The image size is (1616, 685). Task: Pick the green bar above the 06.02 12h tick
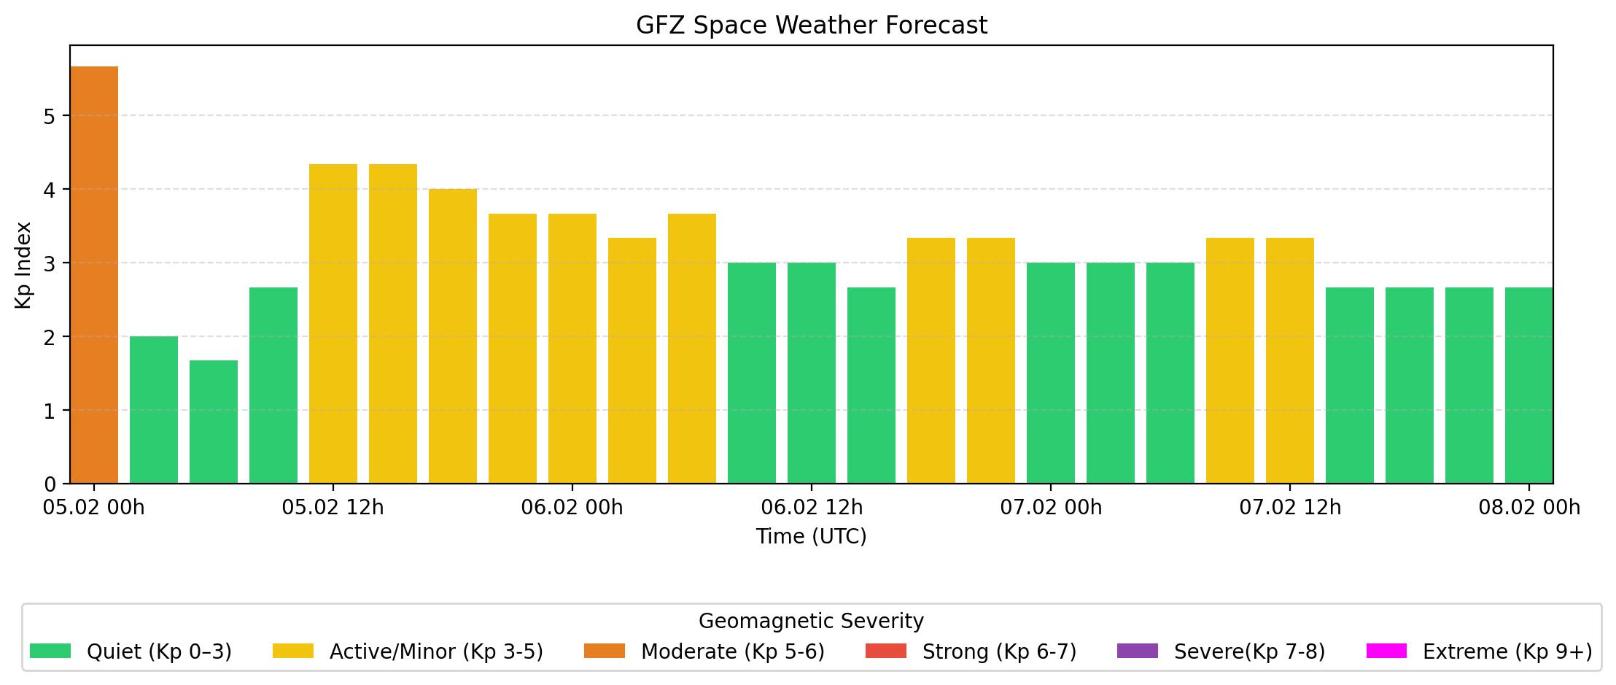tap(812, 373)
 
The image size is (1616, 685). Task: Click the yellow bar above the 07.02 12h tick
tap(1290, 360)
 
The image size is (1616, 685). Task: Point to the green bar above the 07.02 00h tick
tap(1051, 373)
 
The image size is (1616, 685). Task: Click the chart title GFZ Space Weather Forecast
tap(812, 26)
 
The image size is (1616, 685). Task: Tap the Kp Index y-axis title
tap(24, 265)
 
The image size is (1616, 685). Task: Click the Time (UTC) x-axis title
tap(812, 537)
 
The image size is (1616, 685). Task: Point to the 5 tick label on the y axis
tap(50, 117)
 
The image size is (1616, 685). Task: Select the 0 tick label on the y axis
tap(50, 484)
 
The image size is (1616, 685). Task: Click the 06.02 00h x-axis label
tap(572, 508)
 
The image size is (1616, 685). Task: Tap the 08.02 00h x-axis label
tap(1529, 508)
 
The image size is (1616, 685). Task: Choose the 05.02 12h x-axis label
tap(333, 508)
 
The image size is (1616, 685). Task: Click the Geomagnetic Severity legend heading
tap(811, 622)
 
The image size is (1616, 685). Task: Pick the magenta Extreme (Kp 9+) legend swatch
tap(1386, 651)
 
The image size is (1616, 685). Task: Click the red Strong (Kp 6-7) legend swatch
tap(886, 651)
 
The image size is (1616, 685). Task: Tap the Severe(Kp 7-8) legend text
tap(1249, 651)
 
